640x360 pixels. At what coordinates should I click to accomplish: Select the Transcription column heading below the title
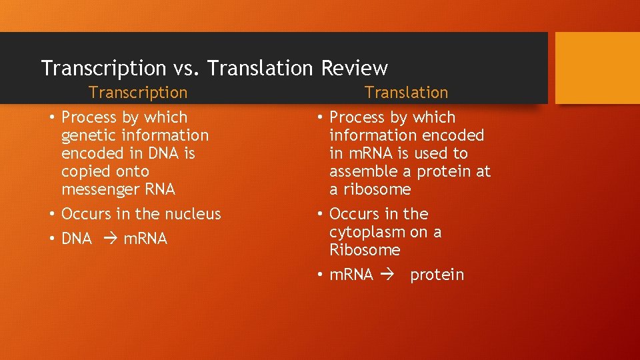click(x=138, y=93)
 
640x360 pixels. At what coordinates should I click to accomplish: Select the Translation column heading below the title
click(x=406, y=93)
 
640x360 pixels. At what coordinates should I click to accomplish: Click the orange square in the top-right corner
click(x=597, y=68)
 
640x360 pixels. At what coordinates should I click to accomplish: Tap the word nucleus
click(x=193, y=214)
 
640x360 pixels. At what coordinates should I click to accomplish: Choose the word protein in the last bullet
click(x=437, y=275)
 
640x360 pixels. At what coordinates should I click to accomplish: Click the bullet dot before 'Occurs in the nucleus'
click(x=51, y=214)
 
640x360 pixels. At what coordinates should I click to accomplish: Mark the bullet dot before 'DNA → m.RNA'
click(x=51, y=239)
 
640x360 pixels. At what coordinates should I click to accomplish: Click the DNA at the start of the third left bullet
click(x=76, y=239)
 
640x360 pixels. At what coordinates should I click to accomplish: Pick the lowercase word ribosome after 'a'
click(x=377, y=189)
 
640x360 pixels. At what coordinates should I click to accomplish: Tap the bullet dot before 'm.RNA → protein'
click(x=320, y=275)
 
